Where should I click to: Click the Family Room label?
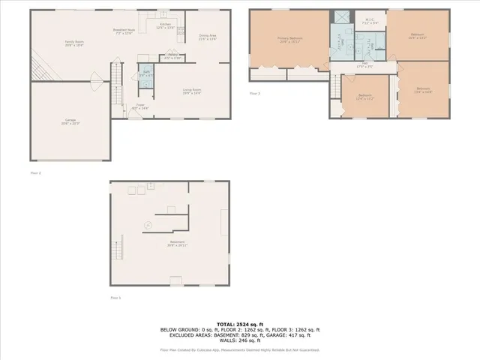tap(74, 43)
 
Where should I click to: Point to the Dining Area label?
tap(206, 37)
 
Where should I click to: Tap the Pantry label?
tap(172, 57)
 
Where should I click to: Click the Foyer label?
tap(140, 106)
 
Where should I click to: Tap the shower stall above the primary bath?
tap(341, 18)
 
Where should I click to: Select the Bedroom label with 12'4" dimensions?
tap(364, 97)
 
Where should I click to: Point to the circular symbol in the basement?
tap(148, 224)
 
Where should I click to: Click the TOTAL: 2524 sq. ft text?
tap(239, 324)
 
